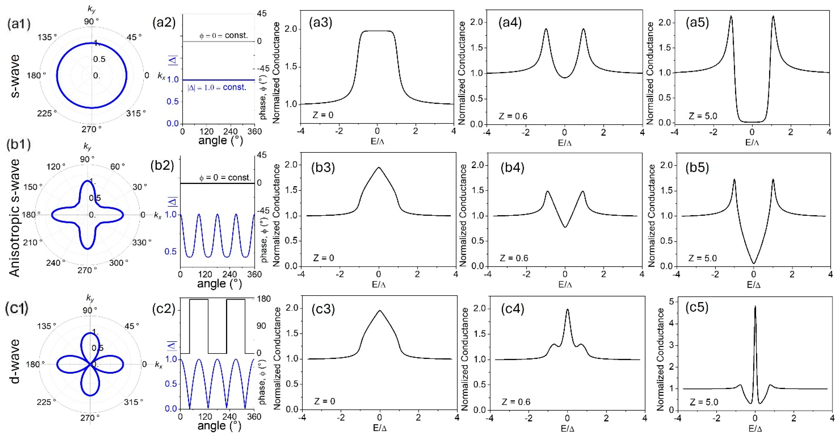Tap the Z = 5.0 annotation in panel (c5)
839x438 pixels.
pos(704,402)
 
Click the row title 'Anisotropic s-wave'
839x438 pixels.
pos(15,218)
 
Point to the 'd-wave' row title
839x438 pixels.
pos(15,361)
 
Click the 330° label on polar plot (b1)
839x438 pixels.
pos(141,242)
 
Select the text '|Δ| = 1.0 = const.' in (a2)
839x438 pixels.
pos(216,87)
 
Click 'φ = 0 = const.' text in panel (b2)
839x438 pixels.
pos(225,178)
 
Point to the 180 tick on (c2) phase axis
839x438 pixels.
pos(264,299)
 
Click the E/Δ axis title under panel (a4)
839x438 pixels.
pos(565,143)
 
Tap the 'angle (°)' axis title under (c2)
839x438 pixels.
pos(219,426)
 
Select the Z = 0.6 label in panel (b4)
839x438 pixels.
pos(514,258)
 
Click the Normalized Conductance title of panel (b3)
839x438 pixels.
pos(277,215)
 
